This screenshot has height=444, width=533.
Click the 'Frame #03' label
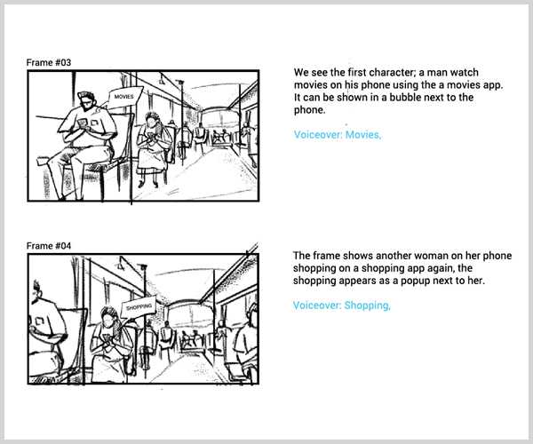(48, 62)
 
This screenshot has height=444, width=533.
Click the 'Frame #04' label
(48, 245)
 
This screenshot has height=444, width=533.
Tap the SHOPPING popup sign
(139, 306)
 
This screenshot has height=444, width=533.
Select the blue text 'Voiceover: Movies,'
(337, 135)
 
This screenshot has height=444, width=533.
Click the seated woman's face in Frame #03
(151, 119)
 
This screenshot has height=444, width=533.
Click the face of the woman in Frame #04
(108, 316)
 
